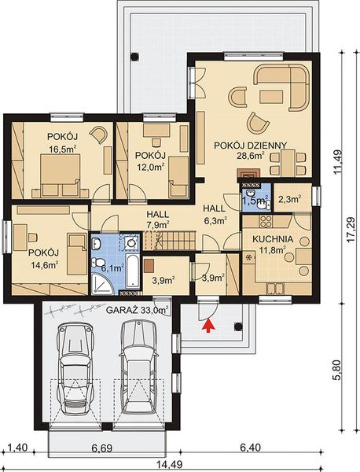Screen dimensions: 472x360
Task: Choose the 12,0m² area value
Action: tap(149, 166)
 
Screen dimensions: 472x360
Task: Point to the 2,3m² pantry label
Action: tap(291, 200)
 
